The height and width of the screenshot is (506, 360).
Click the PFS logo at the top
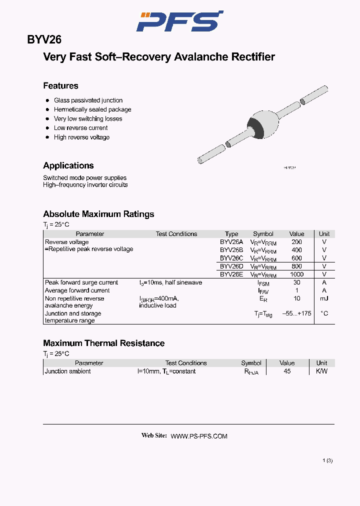point(180,21)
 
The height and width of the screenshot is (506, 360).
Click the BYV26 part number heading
point(44,40)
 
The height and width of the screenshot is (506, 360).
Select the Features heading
point(60,86)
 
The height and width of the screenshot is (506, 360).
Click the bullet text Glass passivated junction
point(88,100)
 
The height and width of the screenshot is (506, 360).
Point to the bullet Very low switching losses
point(88,119)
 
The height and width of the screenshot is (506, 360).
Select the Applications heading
point(68,166)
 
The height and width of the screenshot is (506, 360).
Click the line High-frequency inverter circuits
point(85,185)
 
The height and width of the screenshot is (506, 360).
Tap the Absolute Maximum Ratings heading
point(98,214)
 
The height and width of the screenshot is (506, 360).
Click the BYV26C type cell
point(231,258)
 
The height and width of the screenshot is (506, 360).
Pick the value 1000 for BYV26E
point(296,274)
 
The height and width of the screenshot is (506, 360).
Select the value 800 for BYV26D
point(296,266)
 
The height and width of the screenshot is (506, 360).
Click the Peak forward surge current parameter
point(81,282)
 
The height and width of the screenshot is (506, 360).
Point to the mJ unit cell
point(324,298)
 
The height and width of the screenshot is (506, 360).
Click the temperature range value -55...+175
point(296,313)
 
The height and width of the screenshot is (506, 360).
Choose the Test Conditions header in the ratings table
point(176,234)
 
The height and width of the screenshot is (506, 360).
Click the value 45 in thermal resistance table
point(287,371)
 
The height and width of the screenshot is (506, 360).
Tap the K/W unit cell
point(321,371)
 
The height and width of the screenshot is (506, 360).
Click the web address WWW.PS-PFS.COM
point(199,436)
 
